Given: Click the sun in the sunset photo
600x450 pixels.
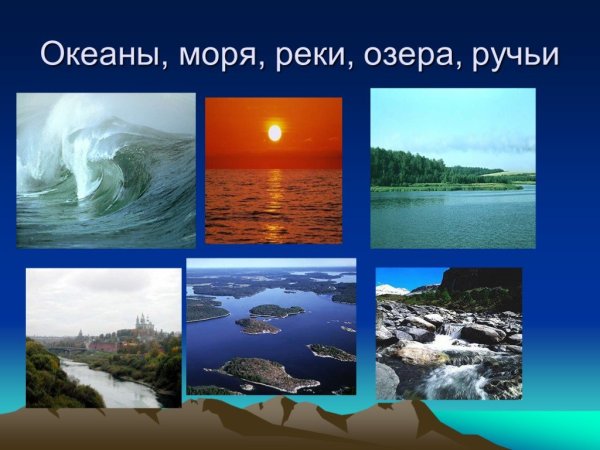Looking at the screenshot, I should point(274,132).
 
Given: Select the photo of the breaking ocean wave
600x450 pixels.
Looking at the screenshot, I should point(106,170).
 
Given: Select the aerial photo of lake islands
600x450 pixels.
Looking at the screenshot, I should point(271,326).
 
